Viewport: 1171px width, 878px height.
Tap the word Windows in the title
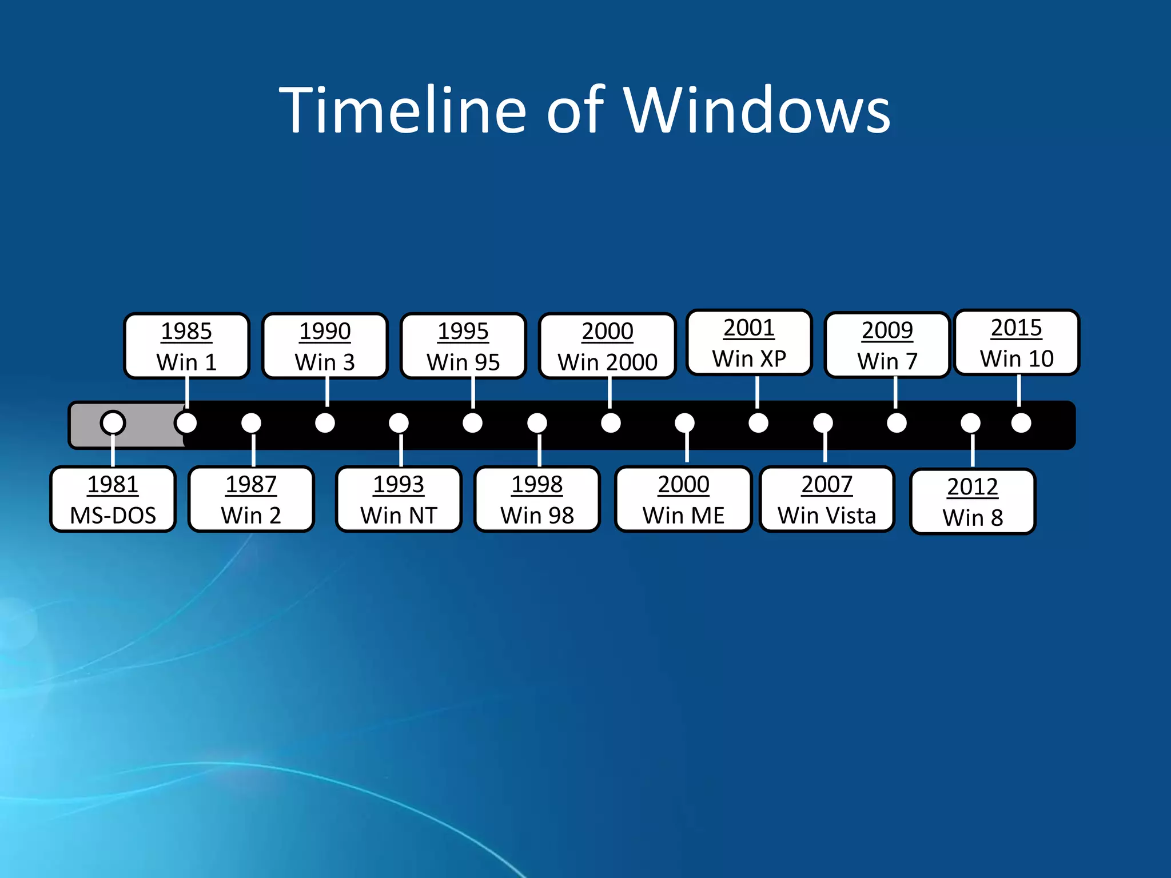[757, 110]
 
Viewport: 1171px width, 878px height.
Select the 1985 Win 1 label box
[187, 346]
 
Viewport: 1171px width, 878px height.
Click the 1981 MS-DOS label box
[113, 500]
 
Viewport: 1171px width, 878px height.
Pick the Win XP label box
[749, 343]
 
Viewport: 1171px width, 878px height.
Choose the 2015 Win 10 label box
[1017, 343]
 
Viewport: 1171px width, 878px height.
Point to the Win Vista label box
[827, 500]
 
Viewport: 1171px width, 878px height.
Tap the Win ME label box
[683, 500]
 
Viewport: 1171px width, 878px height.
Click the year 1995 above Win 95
[463, 331]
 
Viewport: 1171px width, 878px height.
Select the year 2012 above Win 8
[972, 487]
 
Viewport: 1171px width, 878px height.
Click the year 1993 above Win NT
[399, 485]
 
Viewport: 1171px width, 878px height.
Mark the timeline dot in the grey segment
[113, 423]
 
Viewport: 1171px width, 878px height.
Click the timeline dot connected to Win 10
[1021, 423]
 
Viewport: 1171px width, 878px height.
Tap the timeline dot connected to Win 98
[537, 423]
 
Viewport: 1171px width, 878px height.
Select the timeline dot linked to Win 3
[325, 423]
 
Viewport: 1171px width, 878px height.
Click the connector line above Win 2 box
[253, 450]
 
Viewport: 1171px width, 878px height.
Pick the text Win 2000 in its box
[608, 362]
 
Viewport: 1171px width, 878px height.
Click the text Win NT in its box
[399, 515]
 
